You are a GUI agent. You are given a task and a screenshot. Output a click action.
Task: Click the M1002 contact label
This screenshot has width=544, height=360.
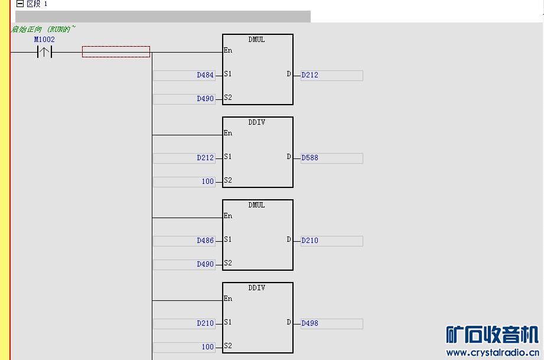click(44, 40)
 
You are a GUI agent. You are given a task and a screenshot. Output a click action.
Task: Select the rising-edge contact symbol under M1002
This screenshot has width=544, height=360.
click(44, 53)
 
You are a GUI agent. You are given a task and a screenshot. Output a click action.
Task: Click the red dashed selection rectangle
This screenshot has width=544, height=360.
click(116, 52)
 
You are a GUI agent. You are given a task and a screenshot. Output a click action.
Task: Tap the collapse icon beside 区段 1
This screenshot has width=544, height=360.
click(20, 4)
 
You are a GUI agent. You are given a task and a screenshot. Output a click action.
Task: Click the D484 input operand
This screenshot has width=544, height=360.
click(205, 75)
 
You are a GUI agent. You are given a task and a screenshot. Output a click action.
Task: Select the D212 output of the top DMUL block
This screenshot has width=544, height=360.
click(310, 75)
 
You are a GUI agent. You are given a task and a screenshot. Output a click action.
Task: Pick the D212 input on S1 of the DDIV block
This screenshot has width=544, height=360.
click(205, 158)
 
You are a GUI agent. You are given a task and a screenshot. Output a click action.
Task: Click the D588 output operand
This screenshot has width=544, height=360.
click(310, 158)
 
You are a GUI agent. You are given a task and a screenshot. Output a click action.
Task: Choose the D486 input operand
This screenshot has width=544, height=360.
click(205, 241)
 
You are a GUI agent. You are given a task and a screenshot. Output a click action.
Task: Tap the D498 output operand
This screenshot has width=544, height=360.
click(310, 323)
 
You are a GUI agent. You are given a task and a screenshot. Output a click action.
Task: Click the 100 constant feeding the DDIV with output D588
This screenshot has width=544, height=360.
click(207, 181)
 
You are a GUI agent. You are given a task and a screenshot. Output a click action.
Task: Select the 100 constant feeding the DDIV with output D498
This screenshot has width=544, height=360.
click(207, 347)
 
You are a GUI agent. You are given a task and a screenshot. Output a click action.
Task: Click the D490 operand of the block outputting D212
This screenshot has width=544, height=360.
click(205, 99)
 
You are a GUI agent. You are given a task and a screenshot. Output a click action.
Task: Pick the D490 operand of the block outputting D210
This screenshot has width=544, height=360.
click(205, 264)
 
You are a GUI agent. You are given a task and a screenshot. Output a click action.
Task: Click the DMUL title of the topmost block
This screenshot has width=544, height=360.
click(257, 40)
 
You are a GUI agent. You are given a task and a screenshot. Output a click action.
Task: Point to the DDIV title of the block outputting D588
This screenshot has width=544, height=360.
click(257, 122)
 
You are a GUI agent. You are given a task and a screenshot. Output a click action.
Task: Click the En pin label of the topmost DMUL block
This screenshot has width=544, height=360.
click(228, 50)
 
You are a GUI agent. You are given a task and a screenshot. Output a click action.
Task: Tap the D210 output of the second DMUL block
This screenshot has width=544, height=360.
click(310, 241)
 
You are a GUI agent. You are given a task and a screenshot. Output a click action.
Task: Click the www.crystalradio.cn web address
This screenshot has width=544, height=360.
click(493, 353)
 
